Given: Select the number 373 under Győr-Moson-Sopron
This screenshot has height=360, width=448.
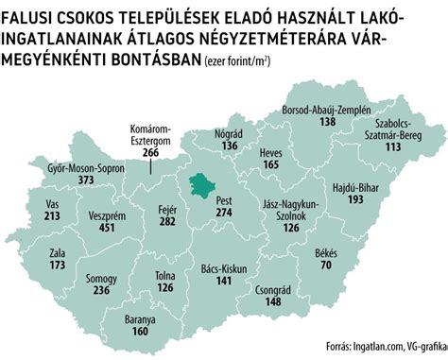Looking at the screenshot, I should (x=87, y=180).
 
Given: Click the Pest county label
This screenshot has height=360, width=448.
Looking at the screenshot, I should (x=224, y=201).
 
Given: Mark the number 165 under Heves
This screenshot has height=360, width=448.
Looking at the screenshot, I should (x=271, y=165).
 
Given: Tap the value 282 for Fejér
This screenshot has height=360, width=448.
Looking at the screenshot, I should (x=167, y=221).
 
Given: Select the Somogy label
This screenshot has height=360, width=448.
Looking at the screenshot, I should (x=101, y=280).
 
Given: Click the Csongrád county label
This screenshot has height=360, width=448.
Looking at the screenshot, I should (x=273, y=290).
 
